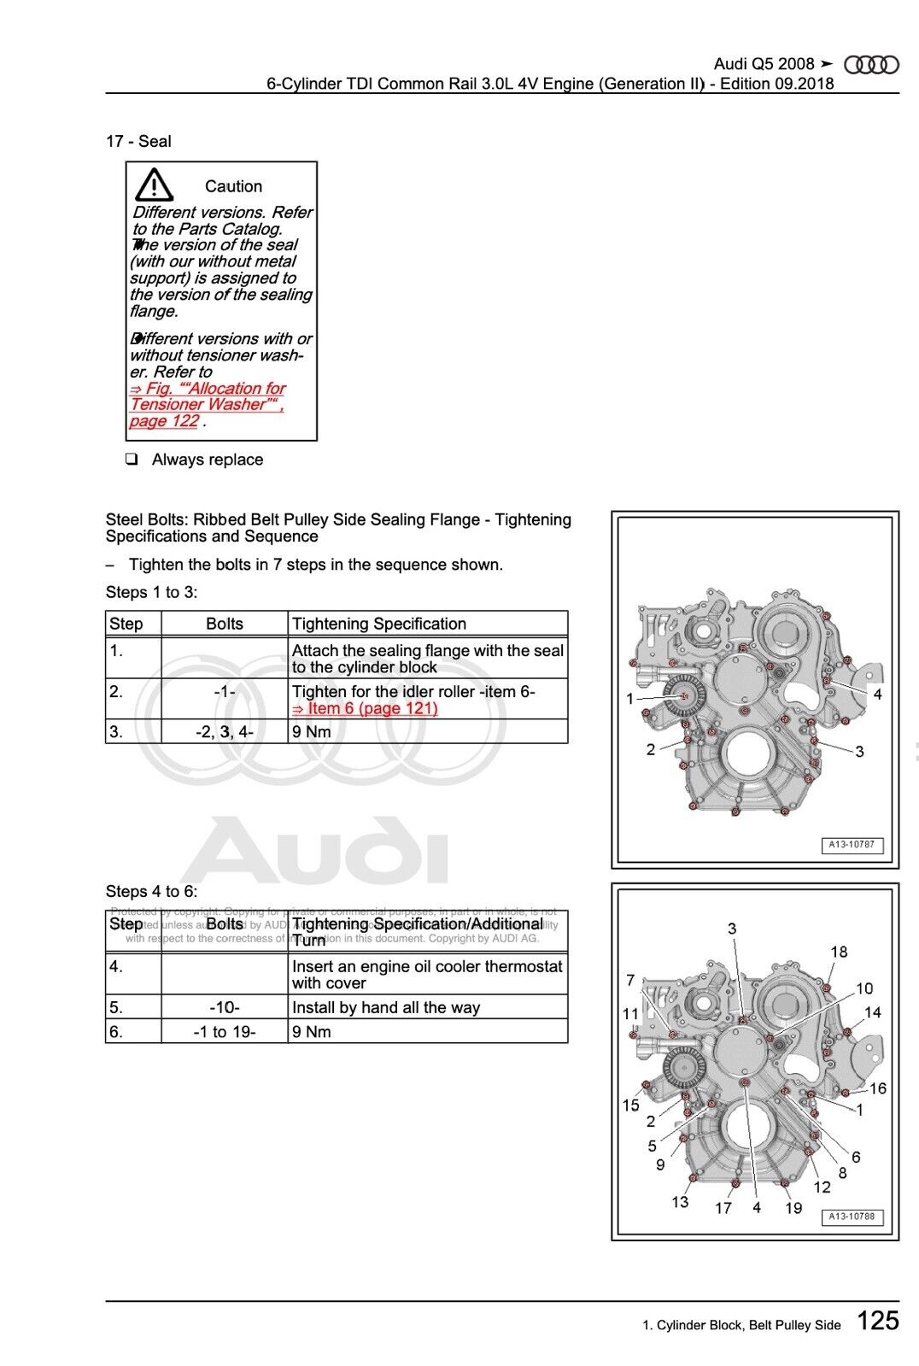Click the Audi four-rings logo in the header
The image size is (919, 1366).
tap(871, 65)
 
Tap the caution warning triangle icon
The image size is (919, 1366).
tap(154, 185)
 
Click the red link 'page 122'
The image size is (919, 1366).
tap(164, 421)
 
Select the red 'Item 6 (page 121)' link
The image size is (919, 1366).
tap(365, 708)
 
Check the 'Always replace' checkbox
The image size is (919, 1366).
tap(132, 460)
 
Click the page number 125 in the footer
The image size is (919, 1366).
tap(877, 1321)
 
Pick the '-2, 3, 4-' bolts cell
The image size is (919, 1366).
tap(224, 731)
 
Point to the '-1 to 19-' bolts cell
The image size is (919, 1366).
tap(224, 1031)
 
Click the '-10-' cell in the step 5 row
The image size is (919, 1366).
tap(224, 1007)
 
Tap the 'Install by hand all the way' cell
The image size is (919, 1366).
tap(386, 1007)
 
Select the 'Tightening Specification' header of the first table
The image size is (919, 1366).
tap(379, 624)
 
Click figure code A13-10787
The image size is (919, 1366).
tap(852, 845)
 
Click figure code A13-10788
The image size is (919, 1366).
tap(852, 1217)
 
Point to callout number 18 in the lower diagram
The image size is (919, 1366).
tap(839, 952)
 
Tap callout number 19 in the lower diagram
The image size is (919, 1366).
tap(793, 1208)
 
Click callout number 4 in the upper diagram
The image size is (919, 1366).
tap(877, 695)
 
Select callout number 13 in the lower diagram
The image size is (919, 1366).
tap(680, 1202)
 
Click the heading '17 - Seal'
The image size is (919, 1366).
tap(138, 142)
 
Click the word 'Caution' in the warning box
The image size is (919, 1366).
tap(233, 186)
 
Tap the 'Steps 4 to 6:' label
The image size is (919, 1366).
tap(151, 892)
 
